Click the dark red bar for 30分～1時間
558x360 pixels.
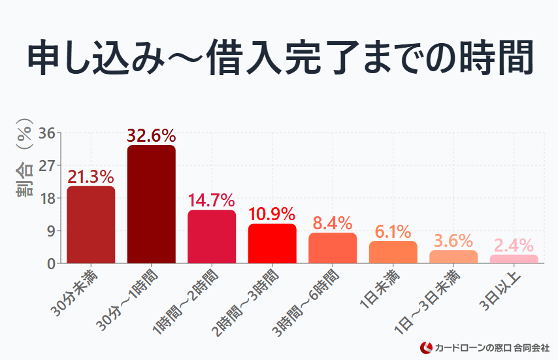151,205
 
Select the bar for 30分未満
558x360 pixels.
91,225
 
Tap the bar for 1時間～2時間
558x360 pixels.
212,237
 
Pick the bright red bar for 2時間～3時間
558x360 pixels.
272,244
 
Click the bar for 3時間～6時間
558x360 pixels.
333,248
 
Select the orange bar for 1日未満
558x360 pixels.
393,252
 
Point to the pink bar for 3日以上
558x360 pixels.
514,259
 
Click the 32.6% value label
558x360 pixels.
151,136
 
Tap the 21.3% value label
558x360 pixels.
91,177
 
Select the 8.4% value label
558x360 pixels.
333,223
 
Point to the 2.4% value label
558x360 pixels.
514,246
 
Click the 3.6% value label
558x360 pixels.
453,241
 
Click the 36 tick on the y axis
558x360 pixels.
46,133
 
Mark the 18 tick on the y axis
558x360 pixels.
46,198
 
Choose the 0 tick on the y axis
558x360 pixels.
50,263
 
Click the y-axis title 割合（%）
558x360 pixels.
24,157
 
